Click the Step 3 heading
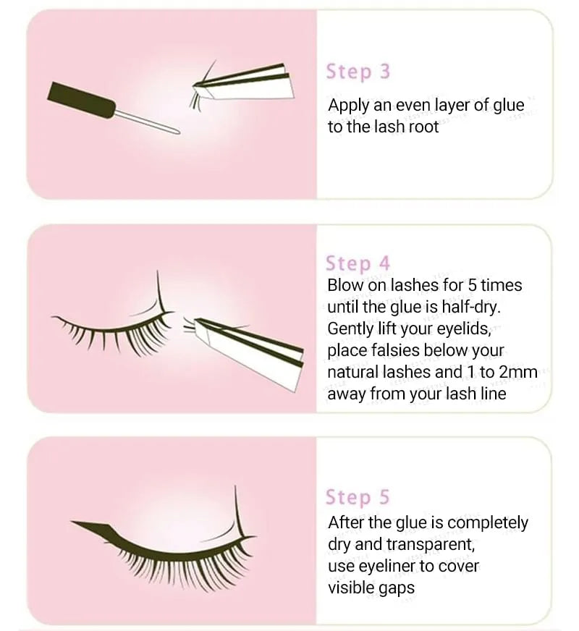click(358, 72)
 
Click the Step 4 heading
click(358, 263)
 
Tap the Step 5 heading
click(358, 496)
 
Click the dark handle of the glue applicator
click(81, 100)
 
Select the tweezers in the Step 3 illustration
click(244, 83)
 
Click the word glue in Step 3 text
click(509, 106)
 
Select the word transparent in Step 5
click(430, 544)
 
